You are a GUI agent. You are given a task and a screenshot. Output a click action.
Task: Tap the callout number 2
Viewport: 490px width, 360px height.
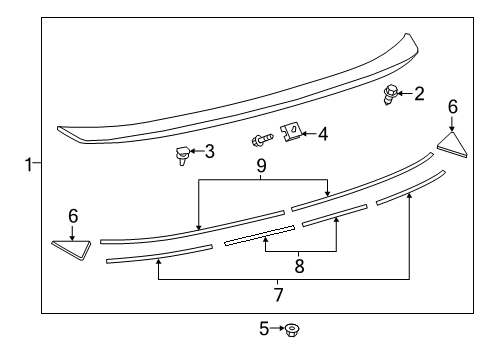(419, 94)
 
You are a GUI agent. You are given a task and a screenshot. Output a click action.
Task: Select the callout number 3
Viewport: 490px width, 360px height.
(209, 151)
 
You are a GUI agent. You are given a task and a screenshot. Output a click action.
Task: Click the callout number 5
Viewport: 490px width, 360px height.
(265, 328)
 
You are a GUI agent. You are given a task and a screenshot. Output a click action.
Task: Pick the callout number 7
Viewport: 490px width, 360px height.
(278, 294)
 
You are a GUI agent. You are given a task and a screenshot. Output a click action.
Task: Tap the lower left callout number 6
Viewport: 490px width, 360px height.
(72, 215)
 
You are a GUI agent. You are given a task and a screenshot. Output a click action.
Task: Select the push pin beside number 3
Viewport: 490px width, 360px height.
(182, 155)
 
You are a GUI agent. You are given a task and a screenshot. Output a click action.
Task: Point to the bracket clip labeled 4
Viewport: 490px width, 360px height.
(292, 131)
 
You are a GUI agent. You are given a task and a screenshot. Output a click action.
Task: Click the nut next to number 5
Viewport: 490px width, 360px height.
(293, 329)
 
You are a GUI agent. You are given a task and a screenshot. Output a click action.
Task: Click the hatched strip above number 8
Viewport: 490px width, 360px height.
(259, 234)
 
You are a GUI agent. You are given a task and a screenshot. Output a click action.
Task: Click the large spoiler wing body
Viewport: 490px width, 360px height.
(240, 95)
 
